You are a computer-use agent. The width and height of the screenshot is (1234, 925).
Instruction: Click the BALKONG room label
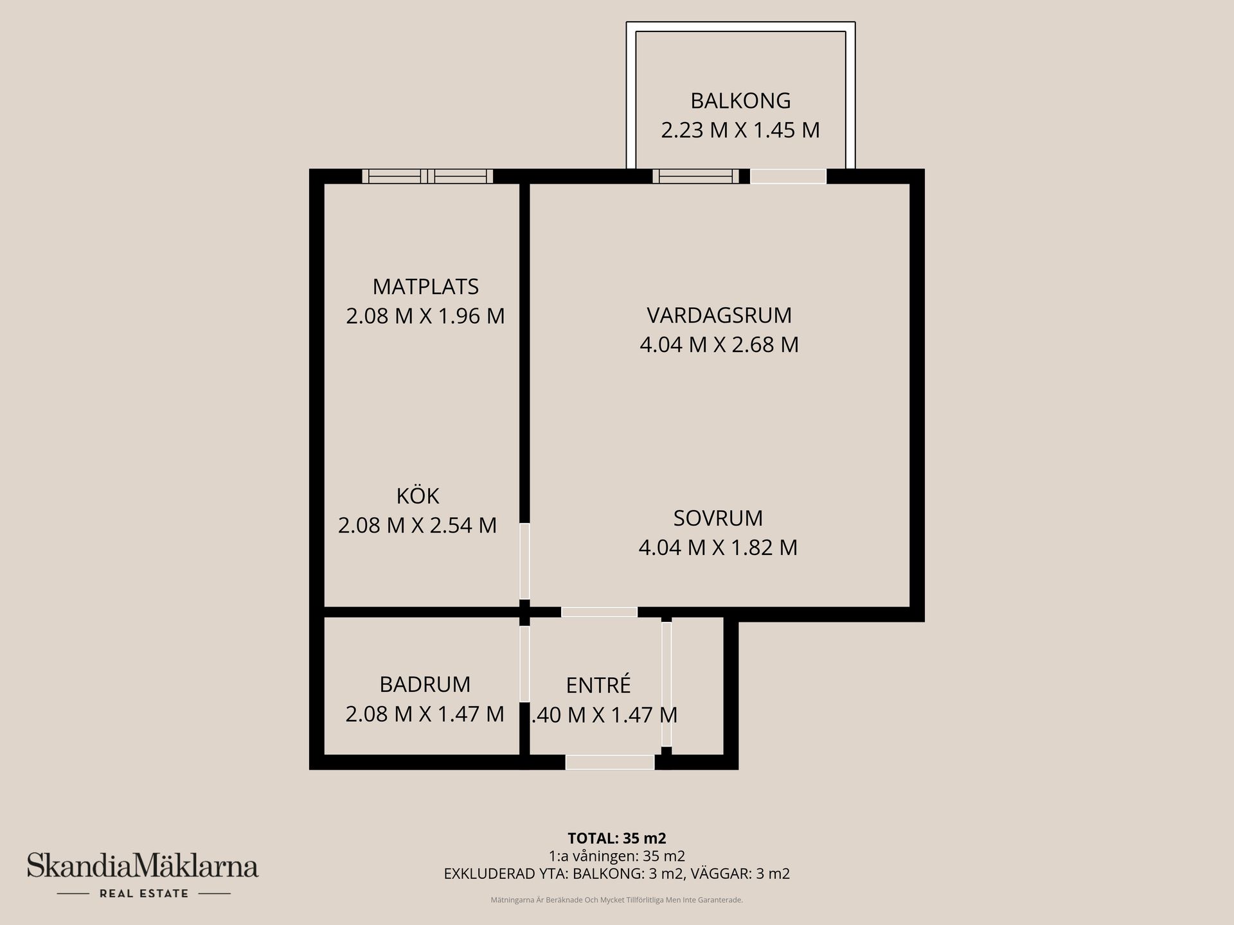coord(740,101)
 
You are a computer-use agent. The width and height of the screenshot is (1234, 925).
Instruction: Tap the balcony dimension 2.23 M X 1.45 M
coord(740,130)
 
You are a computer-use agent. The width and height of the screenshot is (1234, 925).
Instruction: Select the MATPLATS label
coord(425,286)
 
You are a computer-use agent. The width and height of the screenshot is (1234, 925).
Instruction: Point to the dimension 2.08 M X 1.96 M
coord(425,316)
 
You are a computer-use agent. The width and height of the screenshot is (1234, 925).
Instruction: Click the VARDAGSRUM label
coord(719,315)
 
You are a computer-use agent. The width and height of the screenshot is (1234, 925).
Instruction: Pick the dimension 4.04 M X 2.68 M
coord(719,345)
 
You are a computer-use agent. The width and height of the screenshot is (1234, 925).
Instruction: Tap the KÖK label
coord(418,496)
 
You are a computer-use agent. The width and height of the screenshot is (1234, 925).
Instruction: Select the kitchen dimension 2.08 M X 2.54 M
coord(418,525)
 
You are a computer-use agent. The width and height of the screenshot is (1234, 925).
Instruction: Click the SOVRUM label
coord(718,518)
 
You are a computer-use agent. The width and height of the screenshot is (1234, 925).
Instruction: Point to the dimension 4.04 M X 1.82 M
coord(718,547)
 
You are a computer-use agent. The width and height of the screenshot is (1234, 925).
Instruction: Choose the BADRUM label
coord(425,684)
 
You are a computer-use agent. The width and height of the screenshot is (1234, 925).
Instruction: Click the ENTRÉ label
coord(598,685)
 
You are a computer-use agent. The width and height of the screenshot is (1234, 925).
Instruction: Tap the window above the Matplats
coord(427,176)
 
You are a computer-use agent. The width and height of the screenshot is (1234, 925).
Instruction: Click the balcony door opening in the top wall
coord(788,176)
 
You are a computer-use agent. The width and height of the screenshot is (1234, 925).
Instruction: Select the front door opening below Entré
coord(609,762)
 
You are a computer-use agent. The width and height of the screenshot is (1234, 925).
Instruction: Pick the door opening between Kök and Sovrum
coord(524,561)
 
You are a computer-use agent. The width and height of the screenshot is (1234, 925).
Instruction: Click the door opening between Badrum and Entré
coord(524,664)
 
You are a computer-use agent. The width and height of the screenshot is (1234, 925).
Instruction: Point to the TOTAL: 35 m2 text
coord(617,838)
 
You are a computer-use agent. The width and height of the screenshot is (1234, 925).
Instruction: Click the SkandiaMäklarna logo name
coord(143,867)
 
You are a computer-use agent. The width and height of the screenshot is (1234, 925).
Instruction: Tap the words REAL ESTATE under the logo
coord(144,894)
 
